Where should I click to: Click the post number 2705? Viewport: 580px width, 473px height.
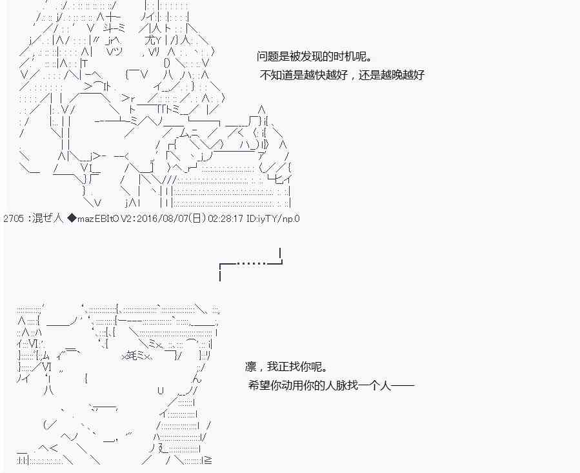tap(14, 219)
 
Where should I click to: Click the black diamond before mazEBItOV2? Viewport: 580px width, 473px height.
tap(72, 218)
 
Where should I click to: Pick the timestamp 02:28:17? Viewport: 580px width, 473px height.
tap(225, 219)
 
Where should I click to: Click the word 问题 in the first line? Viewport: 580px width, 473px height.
tap(268, 57)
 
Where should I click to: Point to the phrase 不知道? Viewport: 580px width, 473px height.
tap(276, 75)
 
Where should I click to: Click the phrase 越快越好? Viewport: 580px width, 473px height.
tap(326, 75)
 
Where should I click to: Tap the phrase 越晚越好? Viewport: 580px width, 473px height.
tap(403, 75)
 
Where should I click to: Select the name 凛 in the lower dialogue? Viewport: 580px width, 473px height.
tap(250, 367)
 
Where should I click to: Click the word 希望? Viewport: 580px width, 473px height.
tap(259, 386)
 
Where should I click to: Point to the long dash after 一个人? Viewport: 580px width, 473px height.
tap(403, 386)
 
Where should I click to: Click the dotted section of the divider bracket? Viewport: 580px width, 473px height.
tap(252, 263)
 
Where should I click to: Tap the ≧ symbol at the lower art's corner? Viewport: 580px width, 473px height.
tap(208, 460)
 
